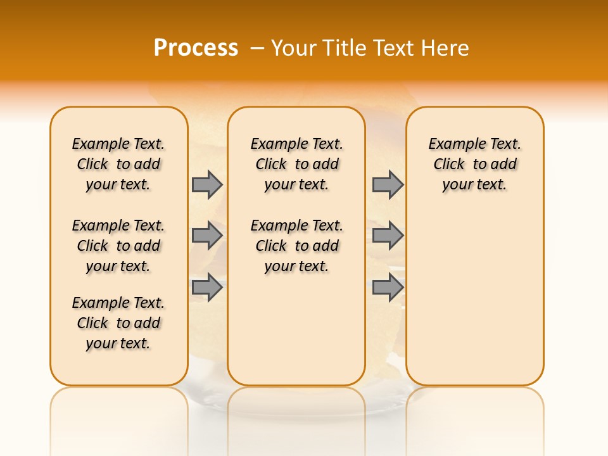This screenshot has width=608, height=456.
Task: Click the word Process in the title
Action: pyautogui.click(x=196, y=48)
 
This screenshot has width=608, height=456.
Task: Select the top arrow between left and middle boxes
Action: pyautogui.click(x=207, y=184)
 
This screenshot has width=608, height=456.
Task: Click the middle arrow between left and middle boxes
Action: pyautogui.click(x=207, y=236)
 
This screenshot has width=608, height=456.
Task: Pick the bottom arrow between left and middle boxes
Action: pyautogui.click(x=207, y=288)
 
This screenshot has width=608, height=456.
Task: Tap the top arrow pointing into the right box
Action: pyautogui.click(x=388, y=184)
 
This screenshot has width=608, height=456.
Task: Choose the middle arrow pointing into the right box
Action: pyautogui.click(x=388, y=236)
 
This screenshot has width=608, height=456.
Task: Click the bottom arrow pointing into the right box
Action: pyautogui.click(x=388, y=288)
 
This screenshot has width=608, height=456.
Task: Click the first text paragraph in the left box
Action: pyautogui.click(x=118, y=164)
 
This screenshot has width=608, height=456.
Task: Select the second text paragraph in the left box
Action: pyautogui.click(x=118, y=246)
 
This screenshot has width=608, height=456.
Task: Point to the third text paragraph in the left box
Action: pyautogui.click(x=118, y=323)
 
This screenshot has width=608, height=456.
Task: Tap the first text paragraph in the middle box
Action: pyautogui.click(x=296, y=164)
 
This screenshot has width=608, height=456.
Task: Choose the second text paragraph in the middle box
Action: pyautogui.click(x=296, y=246)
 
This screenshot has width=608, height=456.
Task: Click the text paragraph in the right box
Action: pyautogui.click(x=474, y=164)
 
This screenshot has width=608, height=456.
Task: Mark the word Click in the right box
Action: pyautogui.click(x=449, y=165)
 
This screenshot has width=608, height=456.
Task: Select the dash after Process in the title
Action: pyautogui.click(x=257, y=48)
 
